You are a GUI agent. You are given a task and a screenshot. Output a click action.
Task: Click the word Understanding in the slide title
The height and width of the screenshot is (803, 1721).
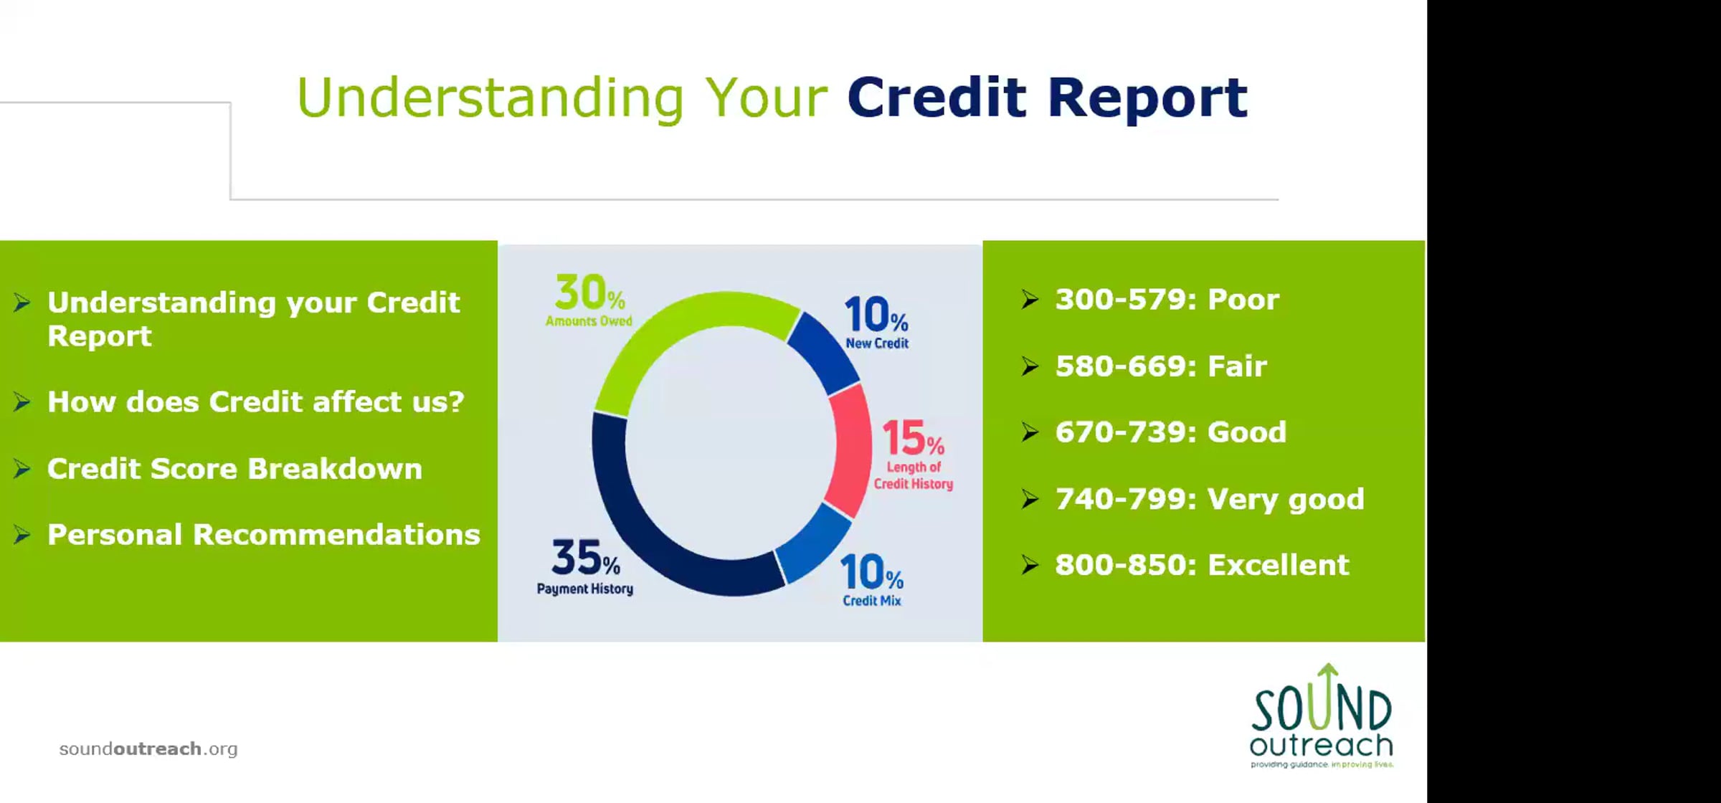(x=490, y=98)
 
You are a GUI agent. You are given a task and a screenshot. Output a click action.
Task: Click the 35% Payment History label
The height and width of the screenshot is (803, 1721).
(x=585, y=567)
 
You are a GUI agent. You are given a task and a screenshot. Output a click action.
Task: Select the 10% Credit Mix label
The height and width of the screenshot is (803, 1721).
(x=872, y=580)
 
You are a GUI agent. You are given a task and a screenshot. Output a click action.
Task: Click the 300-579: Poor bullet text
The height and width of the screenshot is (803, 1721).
(x=1167, y=300)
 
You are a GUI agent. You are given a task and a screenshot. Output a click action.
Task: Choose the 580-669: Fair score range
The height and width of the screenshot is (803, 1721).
(x=1161, y=366)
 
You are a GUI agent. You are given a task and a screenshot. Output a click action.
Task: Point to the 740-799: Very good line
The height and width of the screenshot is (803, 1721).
(x=1210, y=500)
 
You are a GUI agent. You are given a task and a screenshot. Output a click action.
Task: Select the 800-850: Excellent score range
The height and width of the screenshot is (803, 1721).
(x=1202, y=565)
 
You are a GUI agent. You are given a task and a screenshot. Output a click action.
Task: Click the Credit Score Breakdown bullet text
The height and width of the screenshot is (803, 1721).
(x=234, y=469)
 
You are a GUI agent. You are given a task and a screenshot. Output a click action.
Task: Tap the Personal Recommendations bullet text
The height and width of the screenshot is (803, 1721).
(x=264, y=535)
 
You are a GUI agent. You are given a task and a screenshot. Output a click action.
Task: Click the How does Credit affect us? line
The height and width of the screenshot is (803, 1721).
(x=256, y=402)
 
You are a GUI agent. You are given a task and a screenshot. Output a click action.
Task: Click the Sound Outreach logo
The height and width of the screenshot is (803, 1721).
(x=1322, y=716)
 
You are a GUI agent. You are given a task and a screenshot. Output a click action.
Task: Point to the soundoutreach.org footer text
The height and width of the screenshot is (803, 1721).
(x=148, y=749)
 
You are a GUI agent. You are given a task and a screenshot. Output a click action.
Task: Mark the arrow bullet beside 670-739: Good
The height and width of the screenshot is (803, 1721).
(x=1030, y=432)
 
